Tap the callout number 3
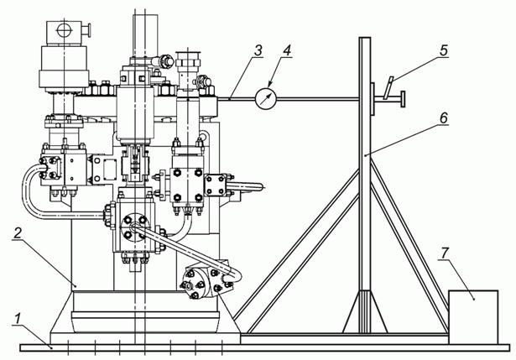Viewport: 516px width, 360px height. (258, 50)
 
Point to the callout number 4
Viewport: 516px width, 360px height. (287, 50)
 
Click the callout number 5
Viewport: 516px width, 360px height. (443, 50)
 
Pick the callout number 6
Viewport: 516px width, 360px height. (444, 117)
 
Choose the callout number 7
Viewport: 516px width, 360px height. (445, 253)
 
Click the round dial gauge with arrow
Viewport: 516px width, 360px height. (266, 98)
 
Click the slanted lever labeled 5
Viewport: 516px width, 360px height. (388, 87)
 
